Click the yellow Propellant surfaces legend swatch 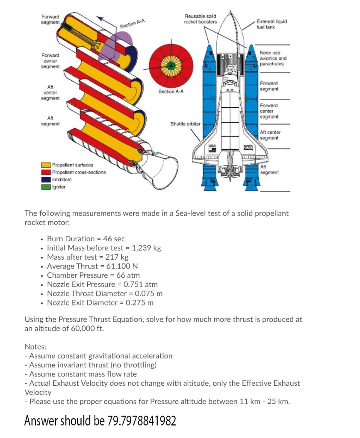pos(46,165)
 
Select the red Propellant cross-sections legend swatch pos(46,172)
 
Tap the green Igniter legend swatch pos(46,186)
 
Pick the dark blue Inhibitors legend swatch pos(46,179)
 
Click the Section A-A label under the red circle pos(171,92)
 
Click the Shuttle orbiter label pos(185,124)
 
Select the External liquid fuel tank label pos(271,24)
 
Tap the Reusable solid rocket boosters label pos(200,19)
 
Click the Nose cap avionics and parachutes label pos(273,58)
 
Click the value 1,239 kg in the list pos(146,248)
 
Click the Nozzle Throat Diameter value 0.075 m pos(148,293)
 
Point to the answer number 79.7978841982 pos(142,421)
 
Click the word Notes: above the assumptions pos(35,346)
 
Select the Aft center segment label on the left pos(51,92)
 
